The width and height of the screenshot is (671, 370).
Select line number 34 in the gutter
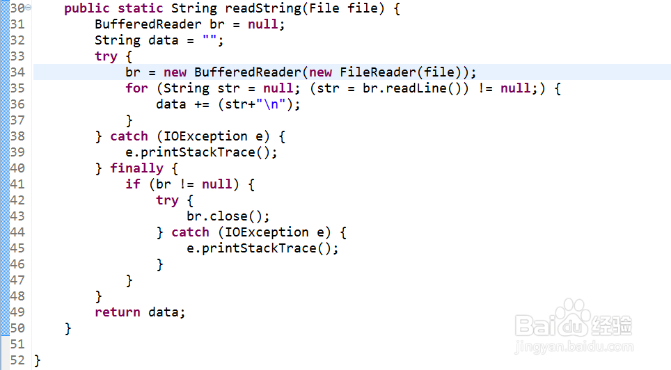(17, 72)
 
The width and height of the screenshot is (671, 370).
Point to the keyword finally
(136, 168)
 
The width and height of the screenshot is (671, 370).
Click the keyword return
(118, 312)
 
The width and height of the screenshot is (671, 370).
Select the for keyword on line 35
(136, 88)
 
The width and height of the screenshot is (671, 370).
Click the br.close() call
(228, 216)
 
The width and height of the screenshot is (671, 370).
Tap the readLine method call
(416, 88)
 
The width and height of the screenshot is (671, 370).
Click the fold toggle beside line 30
(28, 8)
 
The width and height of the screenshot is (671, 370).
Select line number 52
(17, 360)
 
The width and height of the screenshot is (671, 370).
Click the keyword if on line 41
(133, 184)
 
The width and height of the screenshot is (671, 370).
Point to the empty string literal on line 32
(209, 40)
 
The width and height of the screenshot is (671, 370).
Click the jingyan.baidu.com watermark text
(574, 346)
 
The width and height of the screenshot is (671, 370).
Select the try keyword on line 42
(167, 200)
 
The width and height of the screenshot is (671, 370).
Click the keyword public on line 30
(87, 8)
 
